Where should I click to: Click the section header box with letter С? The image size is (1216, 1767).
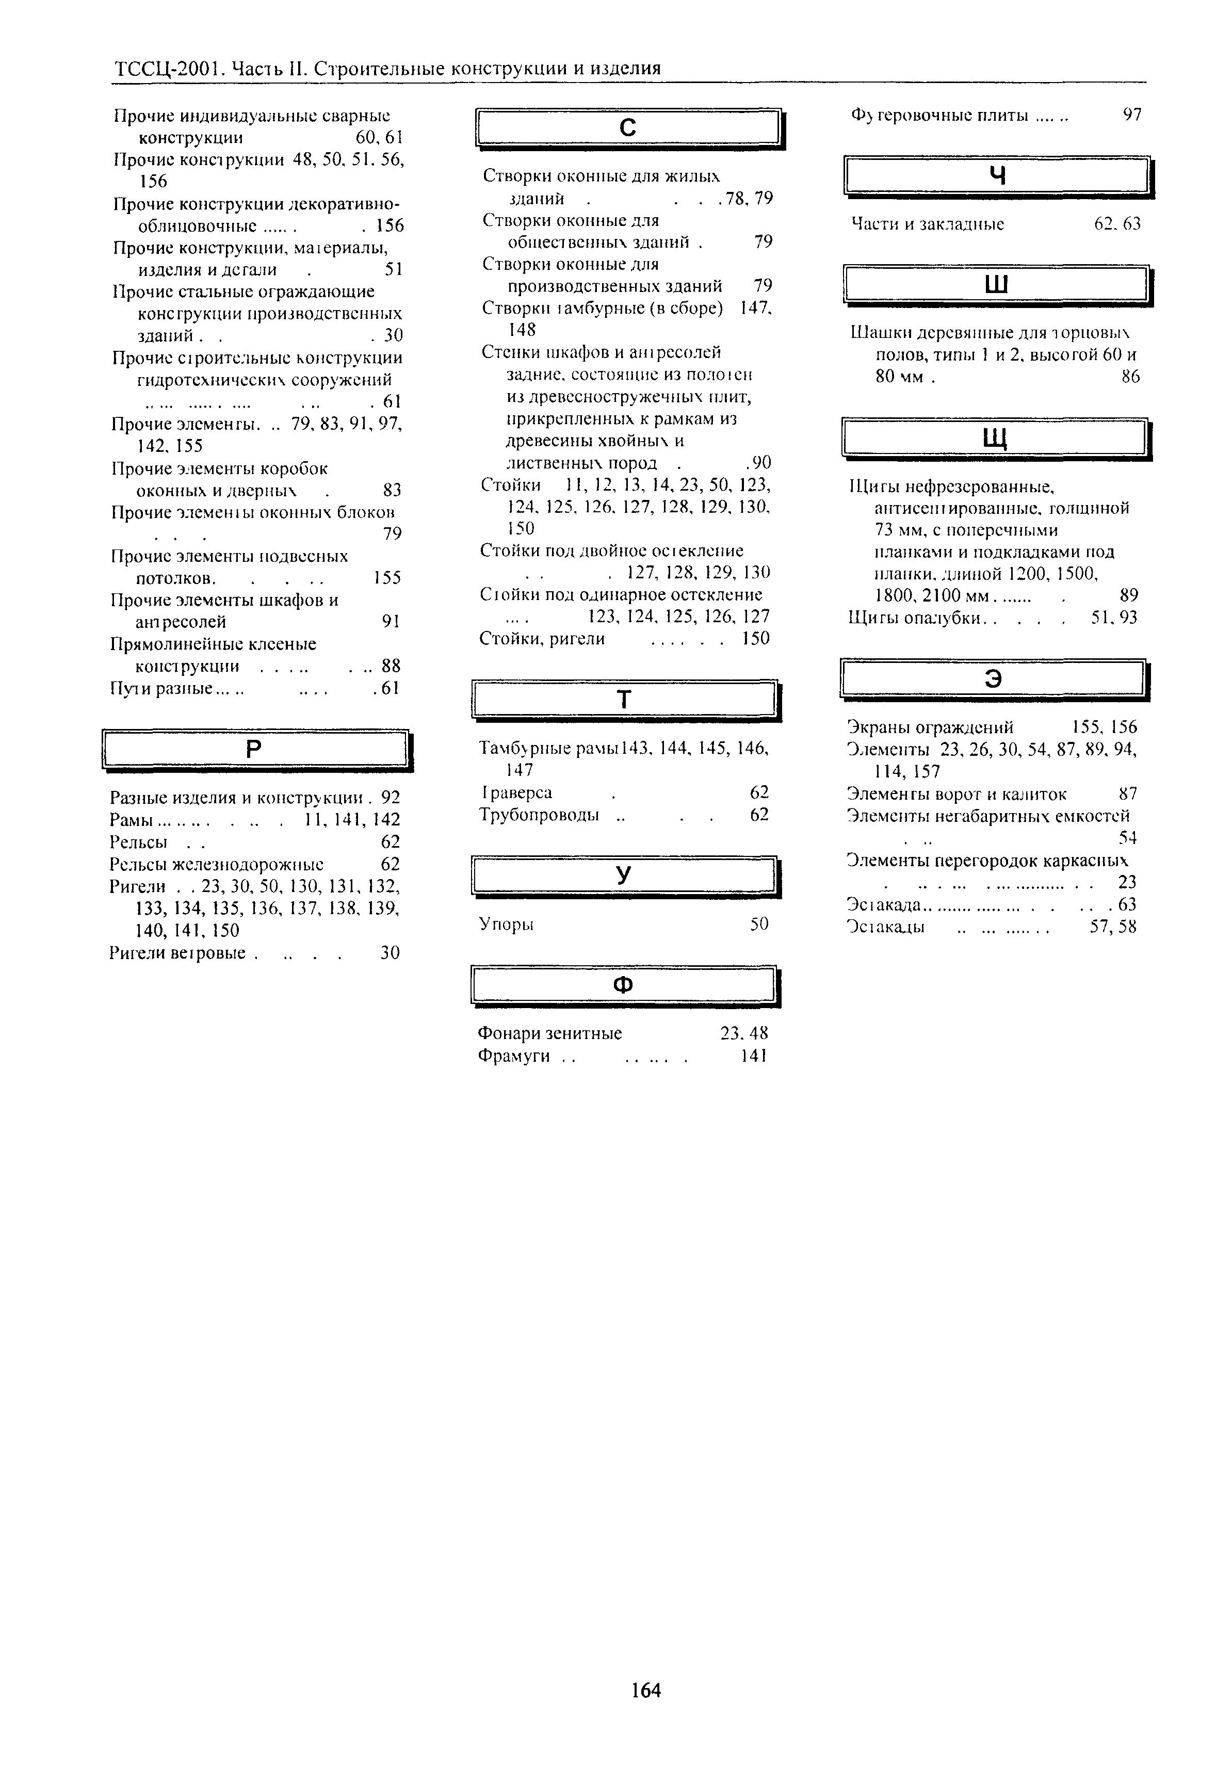click(628, 128)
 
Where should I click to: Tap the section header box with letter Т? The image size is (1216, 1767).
click(624, 699)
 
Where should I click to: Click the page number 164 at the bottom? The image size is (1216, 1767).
click(646, 1690)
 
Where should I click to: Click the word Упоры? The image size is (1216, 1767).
click(506, 925)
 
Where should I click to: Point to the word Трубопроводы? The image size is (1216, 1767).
click(539, 815)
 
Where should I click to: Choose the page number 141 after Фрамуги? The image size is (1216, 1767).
click(753, 1056)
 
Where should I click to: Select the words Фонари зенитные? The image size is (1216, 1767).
click(549, 1033)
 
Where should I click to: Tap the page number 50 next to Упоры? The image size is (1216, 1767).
click(759, 925)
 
